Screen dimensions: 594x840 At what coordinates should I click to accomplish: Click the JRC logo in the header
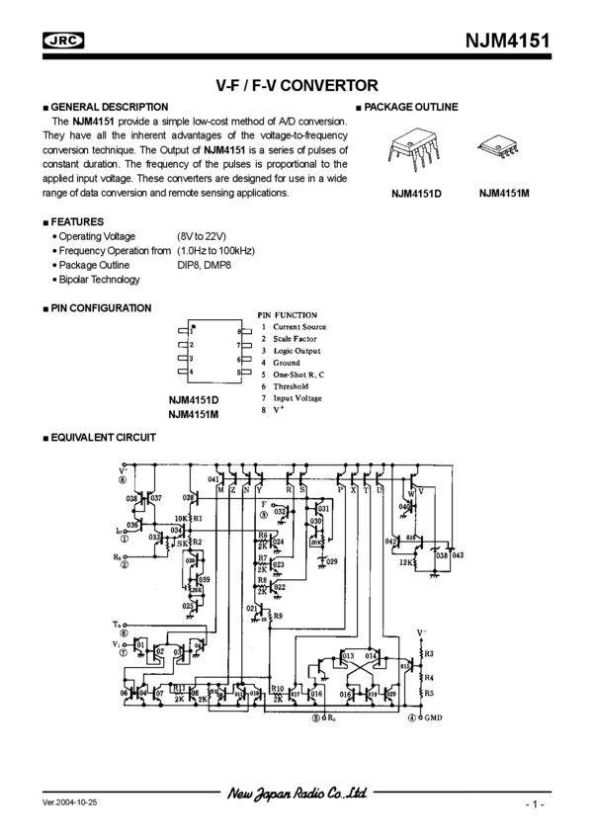62,41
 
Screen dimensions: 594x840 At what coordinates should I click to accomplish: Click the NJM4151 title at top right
508,41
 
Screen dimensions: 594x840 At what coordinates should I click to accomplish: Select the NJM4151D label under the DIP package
414,195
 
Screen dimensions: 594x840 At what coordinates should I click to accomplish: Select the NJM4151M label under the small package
505,194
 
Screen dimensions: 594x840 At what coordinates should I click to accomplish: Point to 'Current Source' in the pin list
299,327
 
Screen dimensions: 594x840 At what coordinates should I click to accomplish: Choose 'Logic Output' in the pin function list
297,351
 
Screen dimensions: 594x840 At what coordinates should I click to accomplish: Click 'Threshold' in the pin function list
292,386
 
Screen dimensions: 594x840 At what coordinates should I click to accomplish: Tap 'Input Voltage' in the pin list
297,398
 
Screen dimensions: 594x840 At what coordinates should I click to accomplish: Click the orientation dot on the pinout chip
194,327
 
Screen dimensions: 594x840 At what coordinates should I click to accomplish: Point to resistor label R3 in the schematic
428,653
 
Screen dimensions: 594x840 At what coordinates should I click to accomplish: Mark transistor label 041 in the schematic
213,478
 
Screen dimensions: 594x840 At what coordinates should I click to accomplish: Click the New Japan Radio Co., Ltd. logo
297,794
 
